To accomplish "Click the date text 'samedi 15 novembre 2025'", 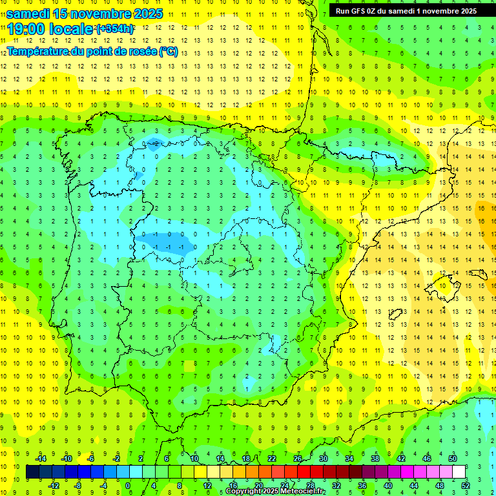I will pos(84,13).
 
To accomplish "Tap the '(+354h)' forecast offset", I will pos(115,28).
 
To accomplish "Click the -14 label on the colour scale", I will pos(40,458).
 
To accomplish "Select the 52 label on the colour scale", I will pos(466,485).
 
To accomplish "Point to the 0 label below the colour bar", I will pos(128,485).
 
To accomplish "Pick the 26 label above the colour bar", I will pos(298,458).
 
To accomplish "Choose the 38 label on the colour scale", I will pos(375,458).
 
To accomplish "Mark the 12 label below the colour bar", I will pos(207,485).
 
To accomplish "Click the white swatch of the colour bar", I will pos(459,471).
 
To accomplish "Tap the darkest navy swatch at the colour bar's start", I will pos(32,471).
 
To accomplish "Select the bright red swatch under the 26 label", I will pos(304,471).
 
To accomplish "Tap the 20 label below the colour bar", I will pos(259,485).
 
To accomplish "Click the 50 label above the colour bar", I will pos(453,458).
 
